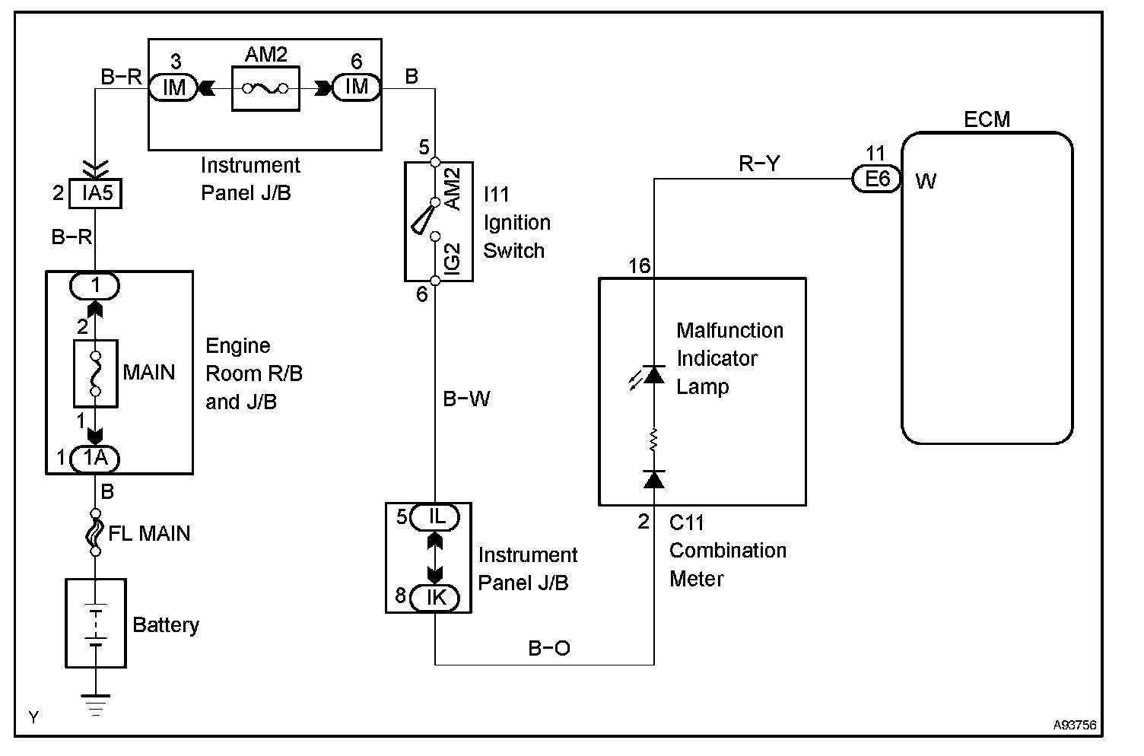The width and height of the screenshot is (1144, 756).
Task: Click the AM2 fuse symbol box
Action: click(265, 88)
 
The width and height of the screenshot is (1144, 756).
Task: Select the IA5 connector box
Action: click(96, 194)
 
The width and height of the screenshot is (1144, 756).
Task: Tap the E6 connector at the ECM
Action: click(876, 179)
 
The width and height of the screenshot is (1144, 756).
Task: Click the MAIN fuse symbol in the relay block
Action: click(96, 373)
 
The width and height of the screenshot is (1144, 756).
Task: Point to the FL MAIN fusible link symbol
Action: click(95, 532)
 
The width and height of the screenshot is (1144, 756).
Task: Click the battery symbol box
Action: click(96, 623)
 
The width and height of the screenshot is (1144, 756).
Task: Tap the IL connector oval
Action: click(435, 517)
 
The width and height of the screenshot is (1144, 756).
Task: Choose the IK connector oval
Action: click(435, 598)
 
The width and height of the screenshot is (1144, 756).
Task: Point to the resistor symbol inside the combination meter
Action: click(653, 440)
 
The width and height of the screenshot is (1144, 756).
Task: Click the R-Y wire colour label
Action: click(759, 164)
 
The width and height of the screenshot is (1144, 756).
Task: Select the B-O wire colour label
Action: click(549, 648)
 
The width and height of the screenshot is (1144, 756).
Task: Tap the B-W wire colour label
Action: click(466, 399)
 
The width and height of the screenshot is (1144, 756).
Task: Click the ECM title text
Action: click(987, 119)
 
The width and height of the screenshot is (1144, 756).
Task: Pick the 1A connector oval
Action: click(95, 459)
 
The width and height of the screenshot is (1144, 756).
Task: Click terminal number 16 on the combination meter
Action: click(640, 265)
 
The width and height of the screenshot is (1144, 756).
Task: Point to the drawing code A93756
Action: click(1075, 725)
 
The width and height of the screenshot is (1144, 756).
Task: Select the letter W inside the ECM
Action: click(926, 181)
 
